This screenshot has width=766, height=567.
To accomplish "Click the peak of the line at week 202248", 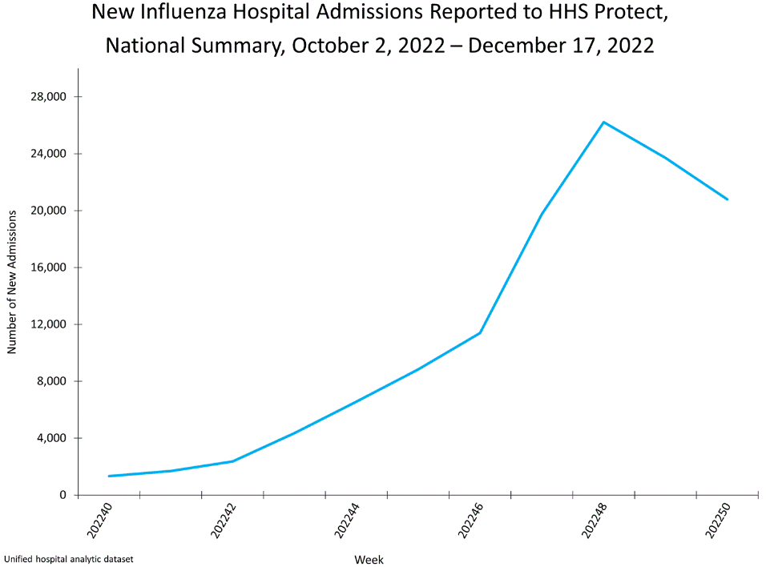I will point(603,122).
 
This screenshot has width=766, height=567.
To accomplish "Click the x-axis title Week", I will point(369,559).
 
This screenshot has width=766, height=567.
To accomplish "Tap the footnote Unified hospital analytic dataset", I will point(68,557).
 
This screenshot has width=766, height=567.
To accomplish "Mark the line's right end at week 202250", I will point(728,199).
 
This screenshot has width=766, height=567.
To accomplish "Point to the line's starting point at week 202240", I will point(109,476).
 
